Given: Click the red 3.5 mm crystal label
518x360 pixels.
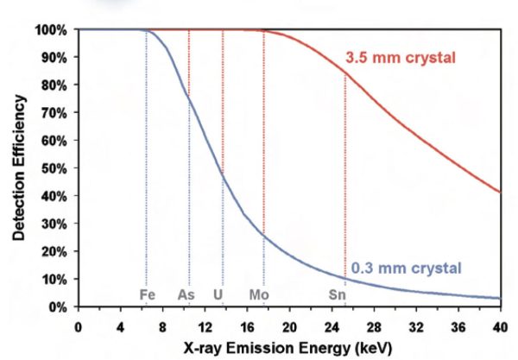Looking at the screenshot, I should pyautogui.click(x=401, y=58).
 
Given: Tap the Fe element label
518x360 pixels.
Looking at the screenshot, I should pyautogui.click(x=147, y=294).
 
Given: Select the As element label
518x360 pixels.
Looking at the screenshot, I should pyautogui.click(x=186, y=294).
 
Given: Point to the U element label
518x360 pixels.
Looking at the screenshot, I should pyautogui.click(x=218, y=294).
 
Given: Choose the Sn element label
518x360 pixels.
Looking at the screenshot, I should pyautogui.click(x=338, y=294).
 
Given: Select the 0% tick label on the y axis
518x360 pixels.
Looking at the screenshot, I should pyautogui.click(x=58, y=306).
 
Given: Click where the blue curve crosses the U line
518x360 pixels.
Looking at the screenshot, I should pyautogui.click(x=223, y=173).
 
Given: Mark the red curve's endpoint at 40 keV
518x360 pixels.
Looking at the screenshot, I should pyautogui.click(x=500, y=192).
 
